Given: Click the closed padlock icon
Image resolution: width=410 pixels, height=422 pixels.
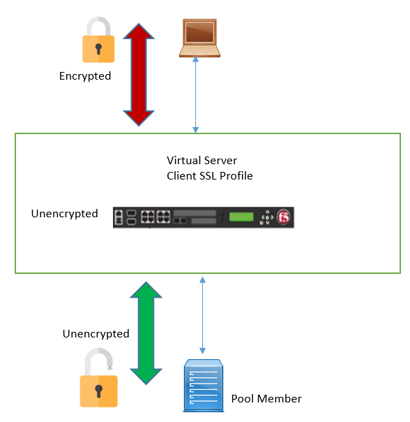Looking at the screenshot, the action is [x=98, y=40].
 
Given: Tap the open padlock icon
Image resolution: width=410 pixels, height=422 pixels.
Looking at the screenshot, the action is [x=98, y=377].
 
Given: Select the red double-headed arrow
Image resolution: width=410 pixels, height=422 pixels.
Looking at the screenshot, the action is [x=139, y=75].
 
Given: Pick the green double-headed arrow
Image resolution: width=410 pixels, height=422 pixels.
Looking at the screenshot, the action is [x=146, y=333].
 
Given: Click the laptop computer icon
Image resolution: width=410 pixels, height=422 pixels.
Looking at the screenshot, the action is [x=199, y=38].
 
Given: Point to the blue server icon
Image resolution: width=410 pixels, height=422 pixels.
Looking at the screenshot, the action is [x=204, y=386].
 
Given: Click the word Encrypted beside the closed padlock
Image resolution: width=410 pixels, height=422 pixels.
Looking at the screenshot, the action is [x=85, y=76].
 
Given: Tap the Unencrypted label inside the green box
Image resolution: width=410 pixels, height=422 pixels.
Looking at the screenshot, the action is [x=64, y=214].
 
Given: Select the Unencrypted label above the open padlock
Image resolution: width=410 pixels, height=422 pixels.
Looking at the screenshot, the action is [x=96, y=334].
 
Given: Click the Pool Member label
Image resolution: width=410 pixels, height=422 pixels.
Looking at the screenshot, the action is [x=266, y=398].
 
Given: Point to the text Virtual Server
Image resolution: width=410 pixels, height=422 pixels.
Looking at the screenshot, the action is [x=202, y=161].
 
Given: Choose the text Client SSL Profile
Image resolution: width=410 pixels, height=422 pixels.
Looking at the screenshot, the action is [x=210, y=176].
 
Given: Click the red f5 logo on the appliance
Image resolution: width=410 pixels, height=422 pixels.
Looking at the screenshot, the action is [x=284, y=217].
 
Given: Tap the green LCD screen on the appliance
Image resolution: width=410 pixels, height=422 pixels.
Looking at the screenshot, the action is [x=241, y=217].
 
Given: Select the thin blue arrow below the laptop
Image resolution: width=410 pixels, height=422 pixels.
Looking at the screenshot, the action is [x=196, y=95].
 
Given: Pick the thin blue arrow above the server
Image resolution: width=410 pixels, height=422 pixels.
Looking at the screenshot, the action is [x=203, y=315].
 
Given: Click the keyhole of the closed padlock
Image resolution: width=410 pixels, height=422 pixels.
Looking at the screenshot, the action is [x=98, y=49].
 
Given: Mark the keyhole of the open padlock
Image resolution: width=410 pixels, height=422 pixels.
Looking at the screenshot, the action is [x=98, y=391].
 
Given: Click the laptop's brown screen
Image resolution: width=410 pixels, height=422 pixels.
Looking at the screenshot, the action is [x=199, y=32].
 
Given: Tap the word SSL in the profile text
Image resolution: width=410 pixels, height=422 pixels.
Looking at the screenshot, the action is [x=208, y=176].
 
